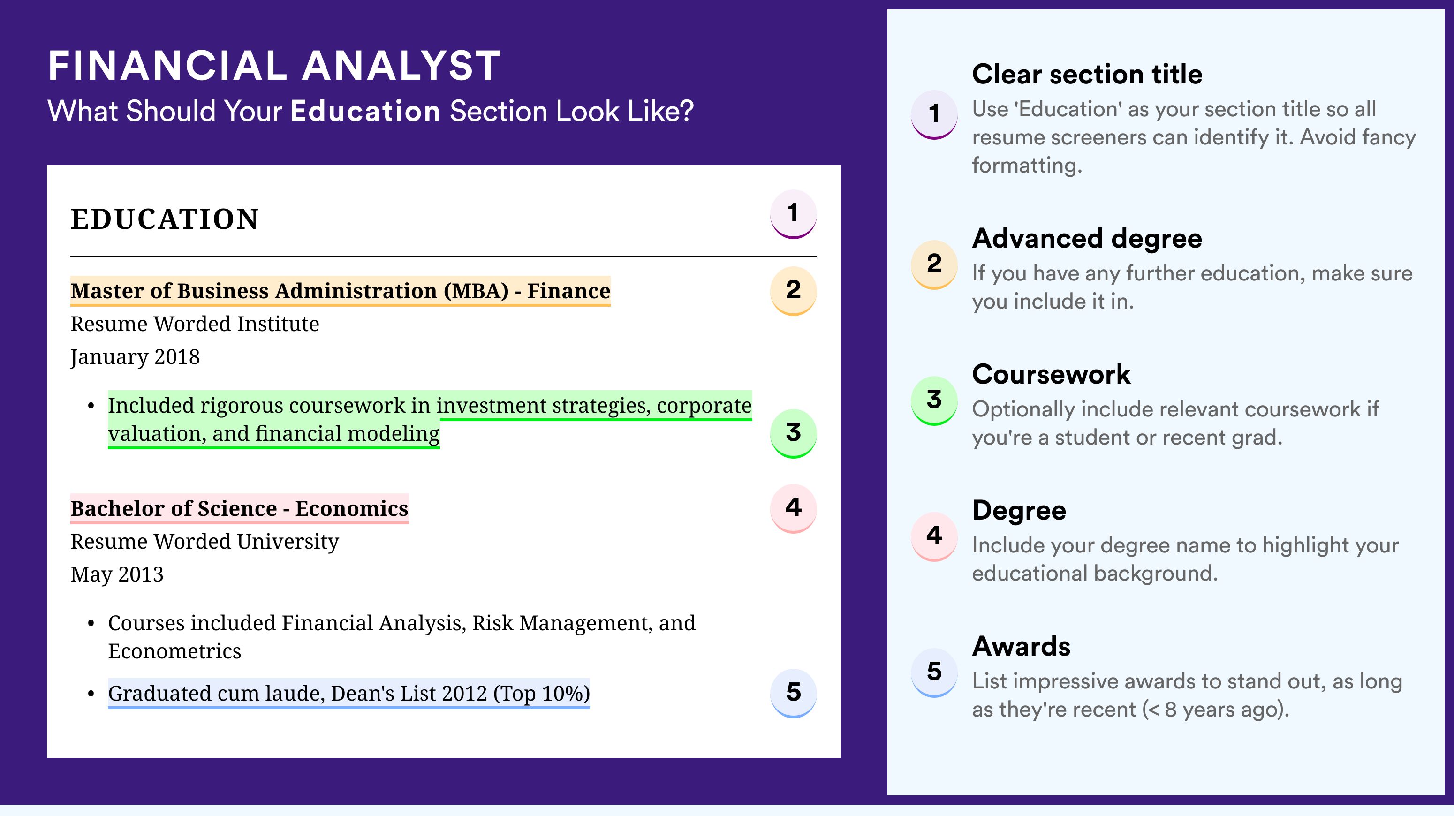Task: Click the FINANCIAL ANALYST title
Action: pyautogui.click(x=274, y=66)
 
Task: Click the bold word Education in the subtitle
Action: pyautogui.click(x=365, y=111)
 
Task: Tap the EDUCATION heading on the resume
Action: pyautogui.click(x=164, y=219)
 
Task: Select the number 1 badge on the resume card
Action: pyautogui.click(x=793, y=214)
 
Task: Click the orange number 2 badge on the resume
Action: pyautogui.click(x=793, y=291)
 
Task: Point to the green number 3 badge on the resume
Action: pyautogui.click(x=793, y=433)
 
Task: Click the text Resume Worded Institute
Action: pyautogui.click(x=195, y=324)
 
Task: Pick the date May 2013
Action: pyautogui.click(x=117, y=574)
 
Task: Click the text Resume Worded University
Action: pyautogui.click(x=205, y=542)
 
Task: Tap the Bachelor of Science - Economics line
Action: pyautogui.click(x=239, y=508)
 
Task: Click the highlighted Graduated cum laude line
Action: pyautogui.click(x=349, y=693)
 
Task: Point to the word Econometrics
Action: pyautogui.click(x=174, y=651)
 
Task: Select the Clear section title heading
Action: pyautogui.click(x=1087, y=74)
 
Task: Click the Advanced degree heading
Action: pyautogui.click(x=1087, y=239)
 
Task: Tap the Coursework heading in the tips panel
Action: pyautogui.click(x=1051, y=374)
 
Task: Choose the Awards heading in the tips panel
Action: pyautogui.click(x=1021, y=646)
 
